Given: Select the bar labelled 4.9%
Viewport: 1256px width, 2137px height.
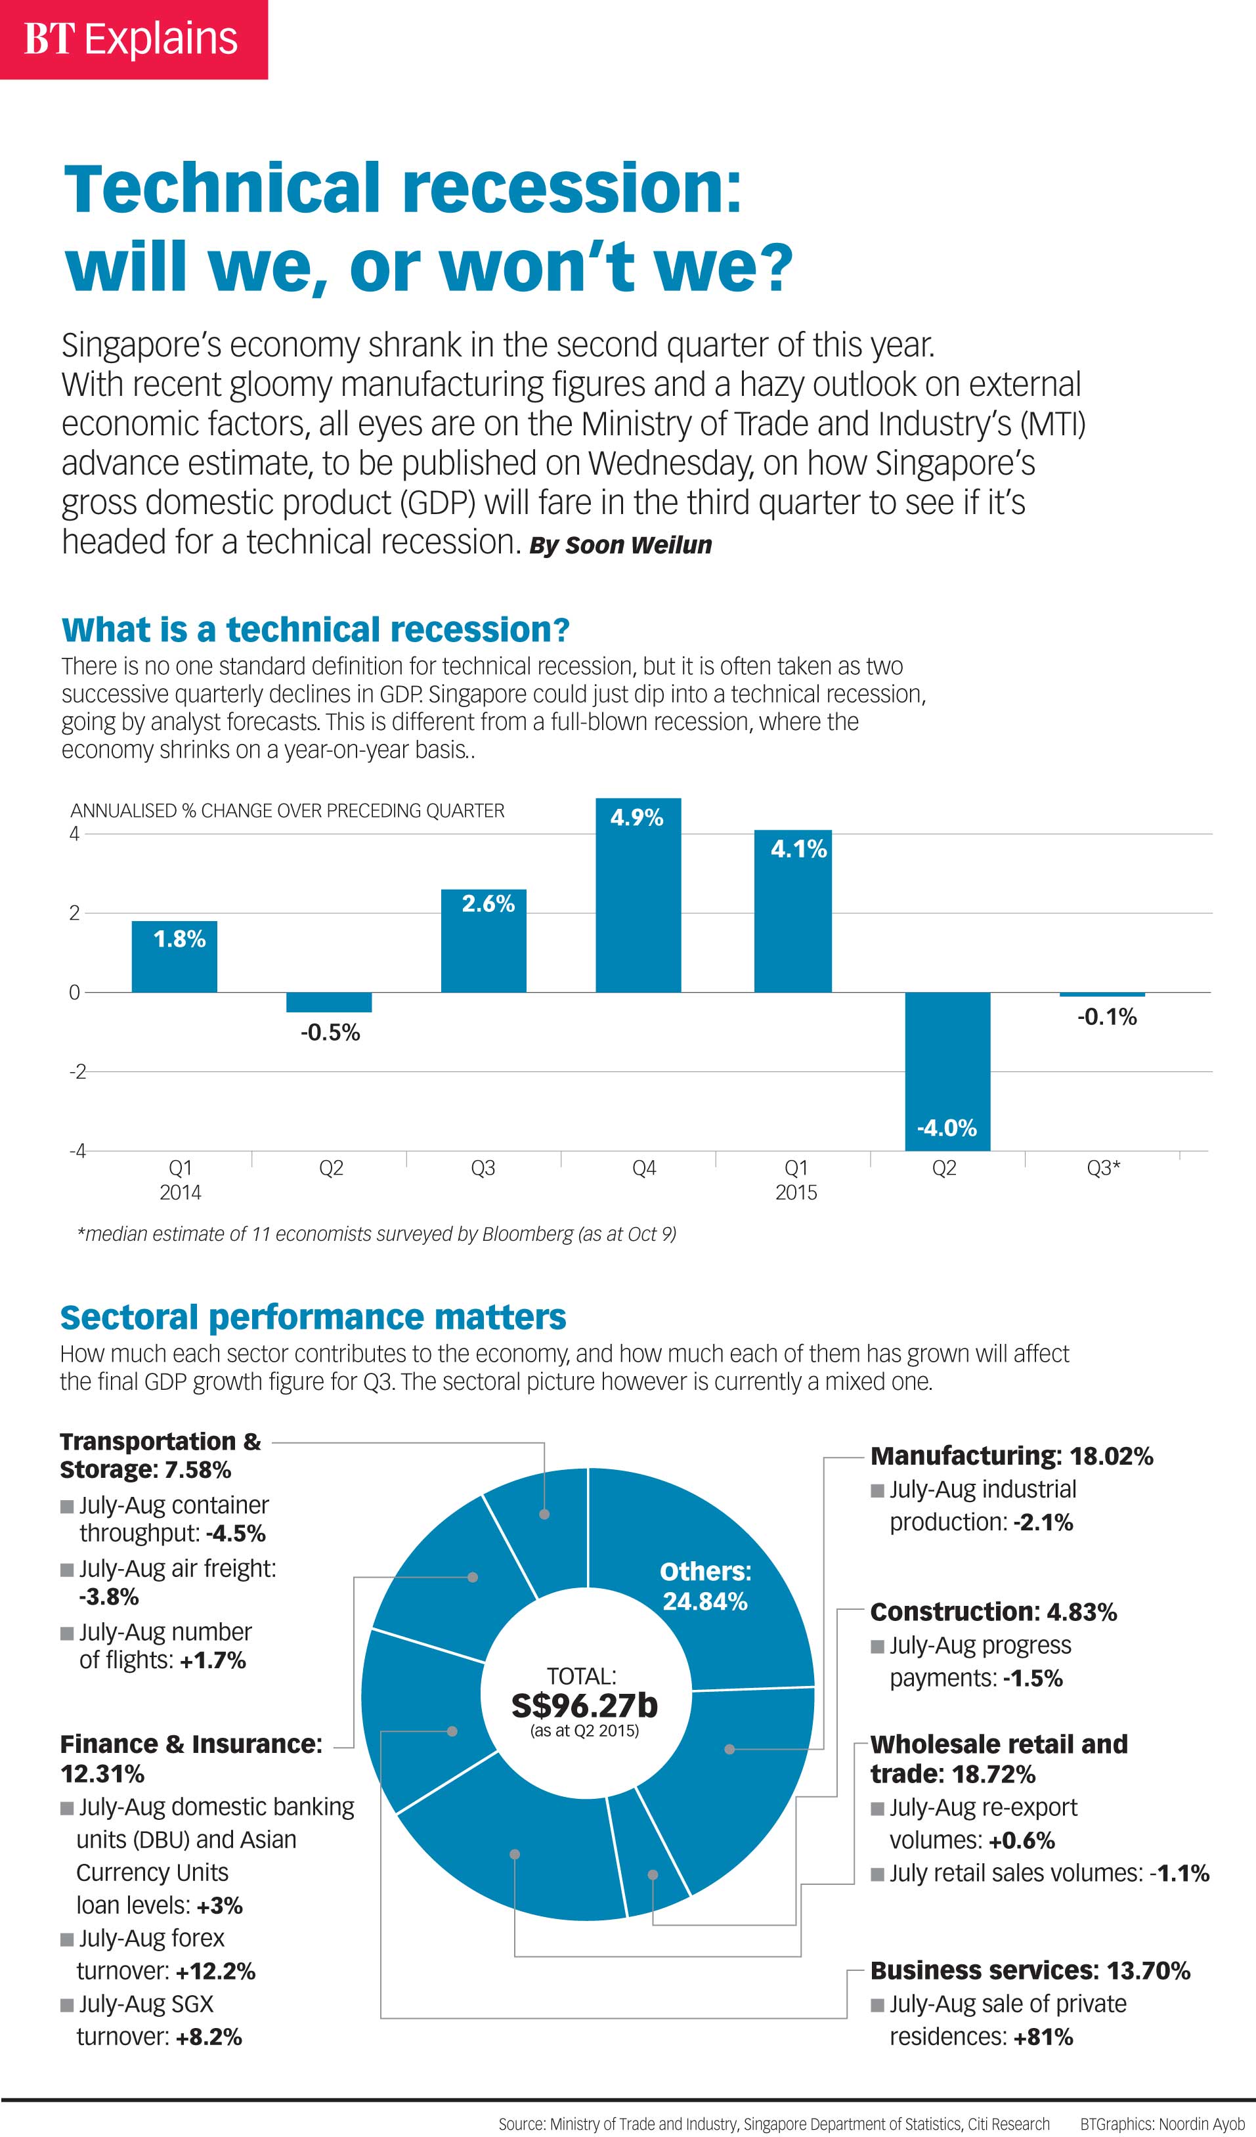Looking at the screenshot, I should (638, 895).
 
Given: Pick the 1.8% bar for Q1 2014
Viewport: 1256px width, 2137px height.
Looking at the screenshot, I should (174, 957).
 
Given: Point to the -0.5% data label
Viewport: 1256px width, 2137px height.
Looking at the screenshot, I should (330, 1033).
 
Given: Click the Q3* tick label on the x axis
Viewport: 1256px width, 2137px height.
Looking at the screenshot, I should (1103, 1169).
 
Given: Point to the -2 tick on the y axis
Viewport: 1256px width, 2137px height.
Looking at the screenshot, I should (77, 1072).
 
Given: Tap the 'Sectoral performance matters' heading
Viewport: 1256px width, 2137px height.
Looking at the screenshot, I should (313, 1317).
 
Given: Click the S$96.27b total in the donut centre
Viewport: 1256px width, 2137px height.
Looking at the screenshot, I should (584, 1706).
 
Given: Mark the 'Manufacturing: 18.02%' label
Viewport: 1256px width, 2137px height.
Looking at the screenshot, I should (1012, 1456).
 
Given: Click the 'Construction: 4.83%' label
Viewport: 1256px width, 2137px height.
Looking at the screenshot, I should (993, 1611).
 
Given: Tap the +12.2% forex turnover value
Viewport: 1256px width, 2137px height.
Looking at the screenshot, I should (215, 1971).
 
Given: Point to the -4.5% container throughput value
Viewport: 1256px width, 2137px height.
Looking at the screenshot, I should (236, 1533).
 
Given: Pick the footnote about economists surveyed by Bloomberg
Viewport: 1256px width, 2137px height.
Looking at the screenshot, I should (377, 1234).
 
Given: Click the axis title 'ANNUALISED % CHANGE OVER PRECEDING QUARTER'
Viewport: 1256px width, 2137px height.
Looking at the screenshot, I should (288, 811).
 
